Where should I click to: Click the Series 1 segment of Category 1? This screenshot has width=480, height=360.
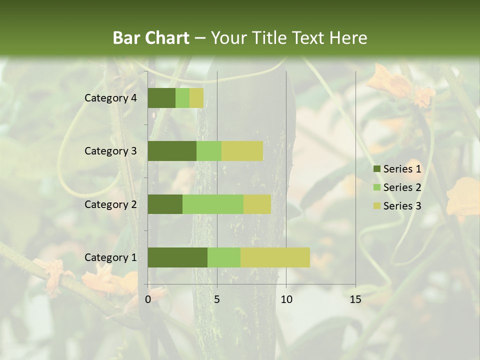177,257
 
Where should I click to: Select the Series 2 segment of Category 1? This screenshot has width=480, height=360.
224,257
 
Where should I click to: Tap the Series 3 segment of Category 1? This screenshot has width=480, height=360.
275,257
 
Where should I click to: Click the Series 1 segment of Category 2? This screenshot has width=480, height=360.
165,204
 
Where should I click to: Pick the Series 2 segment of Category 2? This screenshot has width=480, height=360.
213,204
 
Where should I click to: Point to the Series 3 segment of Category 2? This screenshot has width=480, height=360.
257,204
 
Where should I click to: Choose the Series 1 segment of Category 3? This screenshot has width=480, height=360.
172,151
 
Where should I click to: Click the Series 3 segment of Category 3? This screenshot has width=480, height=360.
242,151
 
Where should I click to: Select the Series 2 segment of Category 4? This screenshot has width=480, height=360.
182,98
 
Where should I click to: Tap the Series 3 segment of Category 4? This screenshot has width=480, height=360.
196,98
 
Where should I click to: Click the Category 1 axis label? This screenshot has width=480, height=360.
110,257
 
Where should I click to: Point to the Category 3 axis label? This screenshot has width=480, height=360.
110,151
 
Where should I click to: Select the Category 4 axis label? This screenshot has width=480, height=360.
110,98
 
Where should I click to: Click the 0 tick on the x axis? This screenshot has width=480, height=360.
148,299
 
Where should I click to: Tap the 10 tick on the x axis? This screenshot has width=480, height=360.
286,299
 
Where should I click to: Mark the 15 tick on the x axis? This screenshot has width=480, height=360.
355,299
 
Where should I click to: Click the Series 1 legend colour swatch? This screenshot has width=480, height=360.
376,169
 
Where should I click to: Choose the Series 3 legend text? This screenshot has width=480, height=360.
402,206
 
